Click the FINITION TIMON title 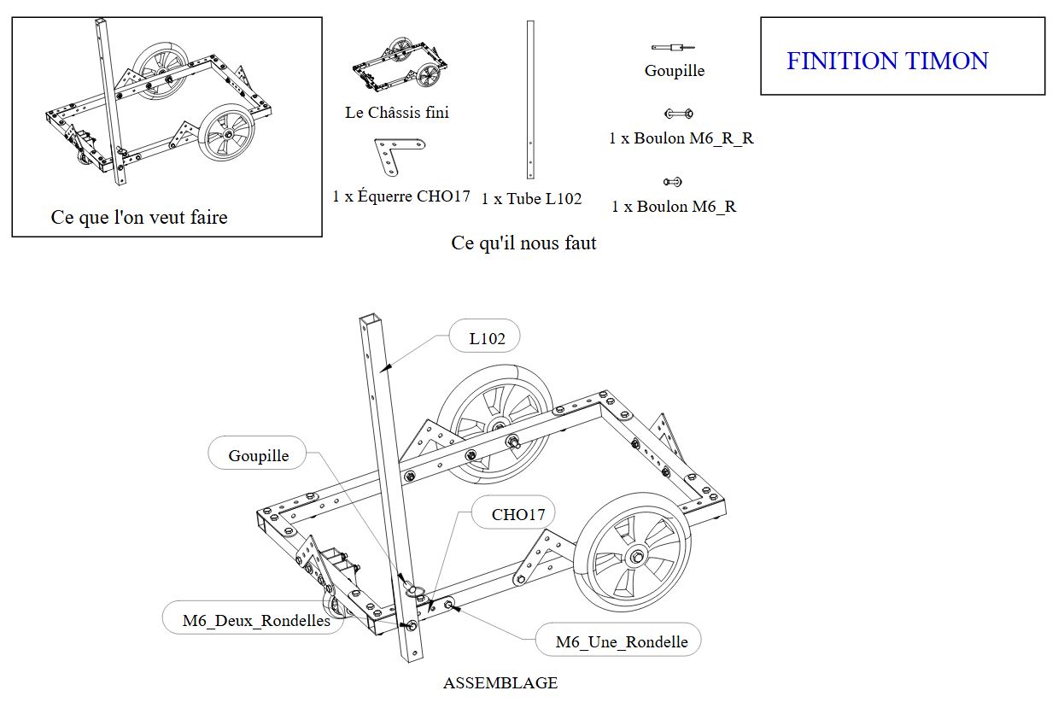click(887, 61)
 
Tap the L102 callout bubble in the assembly click(487, 338)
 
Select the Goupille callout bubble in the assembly click(259, 455)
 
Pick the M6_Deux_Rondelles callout click(256, 621)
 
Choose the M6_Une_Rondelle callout click(621, 641)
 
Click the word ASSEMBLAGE click(500, 683)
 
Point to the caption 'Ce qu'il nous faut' click(523, 243)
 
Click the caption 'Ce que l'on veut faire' click(139, 218)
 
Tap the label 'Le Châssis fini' click(397, 113)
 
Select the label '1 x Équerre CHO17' click(401, 196)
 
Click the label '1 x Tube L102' click(531, 199)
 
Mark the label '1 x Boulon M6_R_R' click(681, 138)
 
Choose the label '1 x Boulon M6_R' click(674, 207)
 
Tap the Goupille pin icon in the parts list click(674, 47)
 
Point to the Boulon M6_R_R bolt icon click(678, 114)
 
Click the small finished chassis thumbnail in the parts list click(400, 65)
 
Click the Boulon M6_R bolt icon click(673, 181)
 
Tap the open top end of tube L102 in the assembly click(367, 322)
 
